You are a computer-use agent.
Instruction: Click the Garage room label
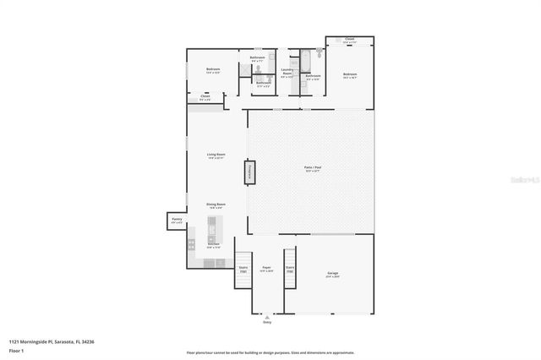332,275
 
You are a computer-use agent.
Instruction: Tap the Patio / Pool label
312,169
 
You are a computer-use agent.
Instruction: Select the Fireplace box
251,172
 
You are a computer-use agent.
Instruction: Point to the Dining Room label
216,205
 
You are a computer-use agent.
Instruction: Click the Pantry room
177,221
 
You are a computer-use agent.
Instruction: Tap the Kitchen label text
214,246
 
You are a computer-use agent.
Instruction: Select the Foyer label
266,269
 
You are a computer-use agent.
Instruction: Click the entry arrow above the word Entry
267,316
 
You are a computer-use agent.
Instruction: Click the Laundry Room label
287,73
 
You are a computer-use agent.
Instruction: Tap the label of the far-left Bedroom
213,70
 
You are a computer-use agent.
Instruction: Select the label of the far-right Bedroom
350,76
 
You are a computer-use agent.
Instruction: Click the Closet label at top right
349,40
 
